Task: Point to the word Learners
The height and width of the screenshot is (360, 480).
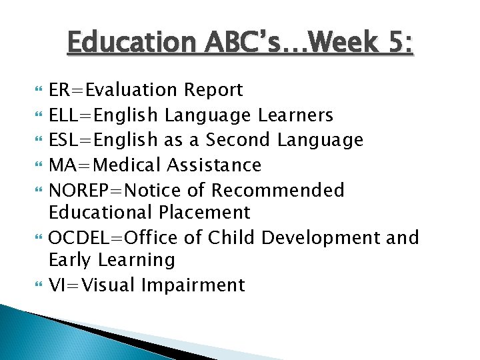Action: (295, 115)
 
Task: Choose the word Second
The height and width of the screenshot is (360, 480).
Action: (238, 140)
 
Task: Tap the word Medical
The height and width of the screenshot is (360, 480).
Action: (127, 165)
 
